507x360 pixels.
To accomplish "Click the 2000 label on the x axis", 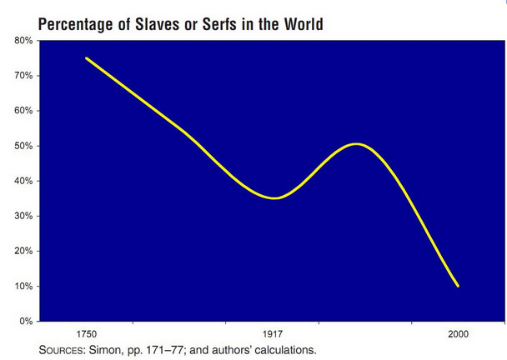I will click(457, 333).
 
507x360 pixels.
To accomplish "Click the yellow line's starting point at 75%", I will click(86, 58).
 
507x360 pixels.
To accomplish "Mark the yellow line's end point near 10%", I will click(458, 286).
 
